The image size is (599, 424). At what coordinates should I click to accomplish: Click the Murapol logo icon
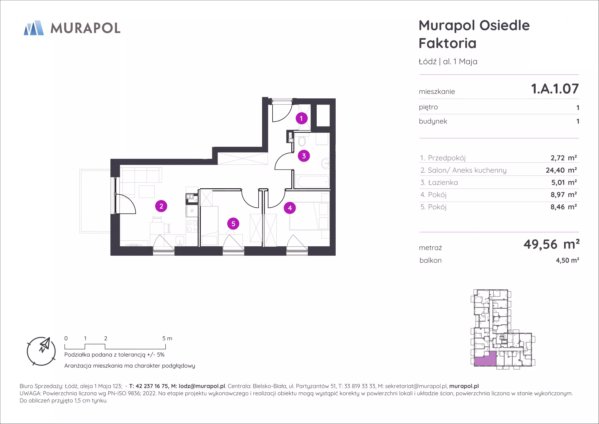click(x=34, y=28)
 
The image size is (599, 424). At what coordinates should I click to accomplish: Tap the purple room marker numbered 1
click(x=301, y=118)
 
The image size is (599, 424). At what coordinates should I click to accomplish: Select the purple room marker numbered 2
click(x=161, y=206)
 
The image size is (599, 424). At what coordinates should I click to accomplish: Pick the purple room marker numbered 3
click(x=304, y=156)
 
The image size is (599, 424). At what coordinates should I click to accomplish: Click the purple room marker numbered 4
click(x=290, y=208)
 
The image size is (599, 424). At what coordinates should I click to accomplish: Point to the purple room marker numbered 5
click(x=233, y=224)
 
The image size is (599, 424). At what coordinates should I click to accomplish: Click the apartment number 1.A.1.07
click(x=555, y=89)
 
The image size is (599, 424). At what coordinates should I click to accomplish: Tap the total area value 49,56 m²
click(x=552, y=244)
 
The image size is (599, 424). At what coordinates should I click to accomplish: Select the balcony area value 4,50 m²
click(x=567, y=260)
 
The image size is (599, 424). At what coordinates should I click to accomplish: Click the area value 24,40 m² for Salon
click(x=561, y=170)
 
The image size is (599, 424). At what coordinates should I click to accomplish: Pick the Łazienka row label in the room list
click(x=439, y=182)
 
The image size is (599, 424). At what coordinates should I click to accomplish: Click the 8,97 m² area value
click(x=563, y=195)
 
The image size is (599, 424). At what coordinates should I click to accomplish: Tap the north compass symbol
click(x=41, y=351)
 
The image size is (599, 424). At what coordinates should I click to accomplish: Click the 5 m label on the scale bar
click(x=167, y=338)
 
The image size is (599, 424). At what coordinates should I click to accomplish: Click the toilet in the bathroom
click(x=302, y=141)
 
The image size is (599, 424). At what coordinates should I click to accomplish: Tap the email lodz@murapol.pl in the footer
click(x=202, y=386)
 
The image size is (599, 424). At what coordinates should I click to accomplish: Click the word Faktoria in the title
click(x=448, y=43)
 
